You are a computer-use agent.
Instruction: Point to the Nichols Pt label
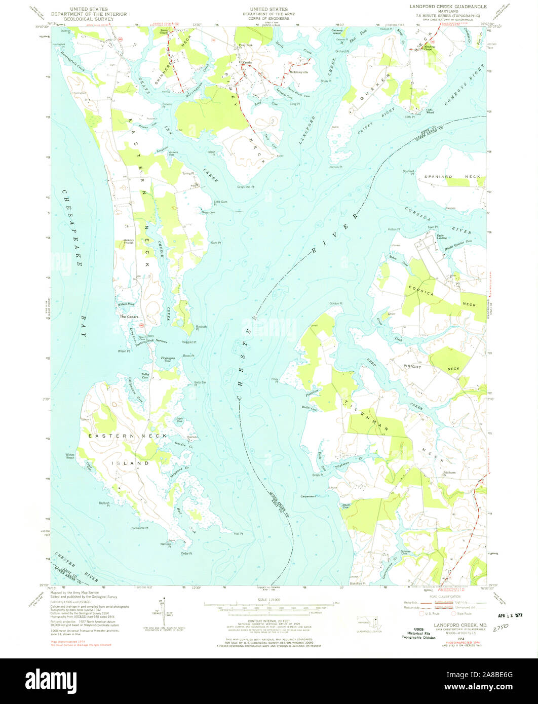[x=336, y=167]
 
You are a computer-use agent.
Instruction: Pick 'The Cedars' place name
[x=129, y=317]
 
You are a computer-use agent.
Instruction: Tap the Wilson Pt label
[x=124, y=351]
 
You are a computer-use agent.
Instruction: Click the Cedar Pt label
[x=186, y=554]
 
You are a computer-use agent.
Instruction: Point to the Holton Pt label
[x=394, y=229]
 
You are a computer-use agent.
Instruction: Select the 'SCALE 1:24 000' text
[x=269, y=600]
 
